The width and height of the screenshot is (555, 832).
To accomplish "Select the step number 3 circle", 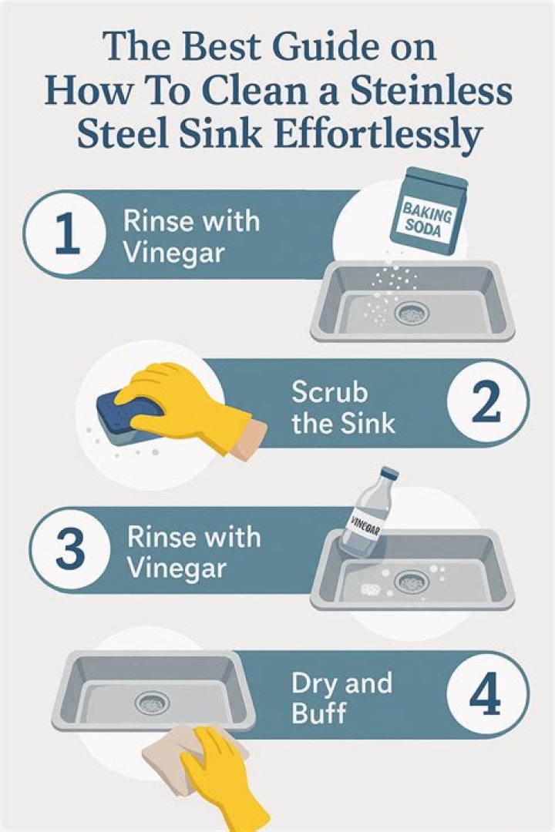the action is (70, 550).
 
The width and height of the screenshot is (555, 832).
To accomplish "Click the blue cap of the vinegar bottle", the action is (390, 473).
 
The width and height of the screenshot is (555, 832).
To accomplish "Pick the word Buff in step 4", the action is (318, 713).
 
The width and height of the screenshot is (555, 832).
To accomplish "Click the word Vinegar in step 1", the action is (173, 252).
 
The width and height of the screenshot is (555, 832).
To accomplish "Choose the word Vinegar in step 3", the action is (177, 569).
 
